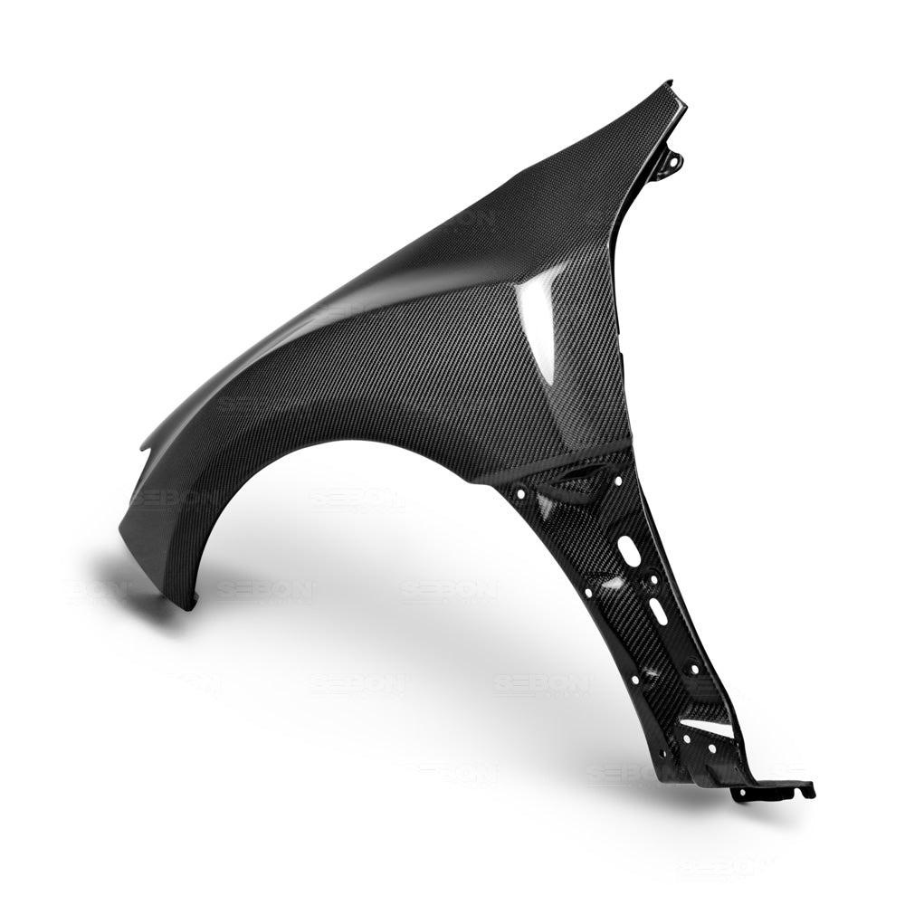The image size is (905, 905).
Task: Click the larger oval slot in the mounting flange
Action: [x=628, y=549]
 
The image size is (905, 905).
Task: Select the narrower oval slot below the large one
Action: [x=657, y=611]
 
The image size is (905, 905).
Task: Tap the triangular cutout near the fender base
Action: [x=708, y=727]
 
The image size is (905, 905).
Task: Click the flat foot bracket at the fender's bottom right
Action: [x=769, y=789]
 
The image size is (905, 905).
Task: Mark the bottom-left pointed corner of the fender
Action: [x=188, y=605]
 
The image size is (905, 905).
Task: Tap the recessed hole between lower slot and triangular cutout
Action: [x=692, y=670]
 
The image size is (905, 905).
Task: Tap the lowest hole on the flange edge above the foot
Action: [x=665, y=753]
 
